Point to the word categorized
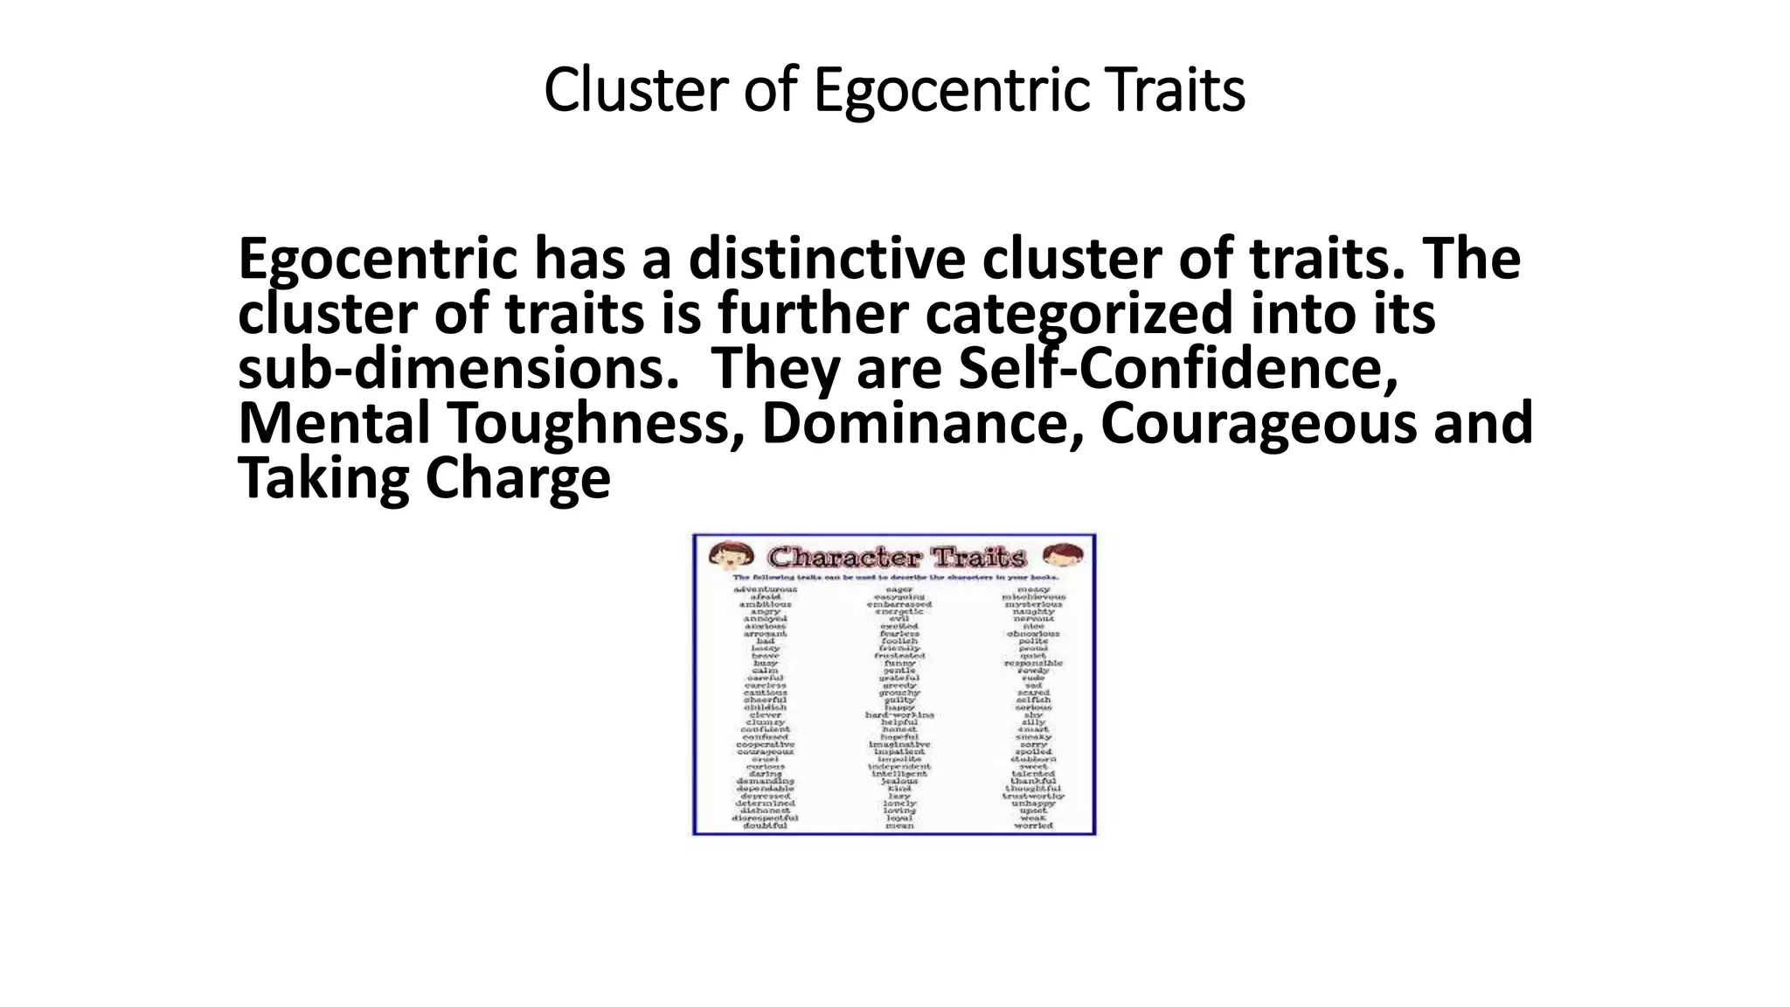click(1079, 314)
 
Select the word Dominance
click(916, 423)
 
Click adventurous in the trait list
click(766, 589)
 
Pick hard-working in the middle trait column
click(899, 714)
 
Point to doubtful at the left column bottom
click(766, 825)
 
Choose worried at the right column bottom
click(1033, 825)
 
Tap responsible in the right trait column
click(1033, 663)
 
